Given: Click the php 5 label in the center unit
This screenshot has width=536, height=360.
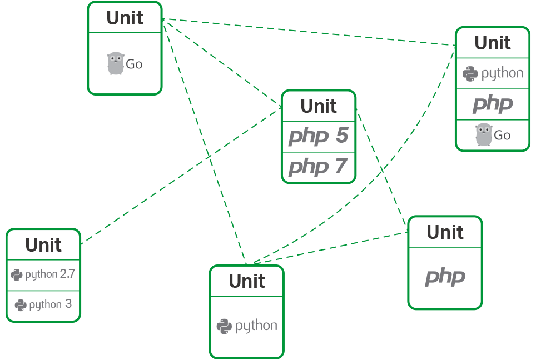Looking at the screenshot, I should pos(318,136).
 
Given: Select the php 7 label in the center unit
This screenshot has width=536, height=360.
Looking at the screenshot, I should pos(318,166).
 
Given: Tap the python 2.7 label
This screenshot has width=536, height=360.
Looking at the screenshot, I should pos(43,274).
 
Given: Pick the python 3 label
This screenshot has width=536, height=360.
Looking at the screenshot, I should pos(43,304).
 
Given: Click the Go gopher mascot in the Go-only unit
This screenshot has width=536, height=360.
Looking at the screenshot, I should pos(115,63).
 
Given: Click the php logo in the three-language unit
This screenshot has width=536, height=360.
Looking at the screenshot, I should pos(492,104).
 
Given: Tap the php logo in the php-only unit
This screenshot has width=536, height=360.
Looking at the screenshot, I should pos(445,277).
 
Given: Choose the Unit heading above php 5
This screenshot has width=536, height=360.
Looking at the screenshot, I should pos(319,106).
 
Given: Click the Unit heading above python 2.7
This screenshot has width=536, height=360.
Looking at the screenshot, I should pos(43,244).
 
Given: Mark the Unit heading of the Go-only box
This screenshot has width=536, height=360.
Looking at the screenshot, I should pos(125,18).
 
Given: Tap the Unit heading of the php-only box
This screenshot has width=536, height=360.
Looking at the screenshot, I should pos(445,232).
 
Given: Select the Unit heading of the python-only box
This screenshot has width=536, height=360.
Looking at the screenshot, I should pos(246,281).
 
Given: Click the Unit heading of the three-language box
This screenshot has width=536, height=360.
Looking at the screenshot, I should pos(493,43).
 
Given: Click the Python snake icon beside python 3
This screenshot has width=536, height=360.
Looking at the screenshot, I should pos(21,305).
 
